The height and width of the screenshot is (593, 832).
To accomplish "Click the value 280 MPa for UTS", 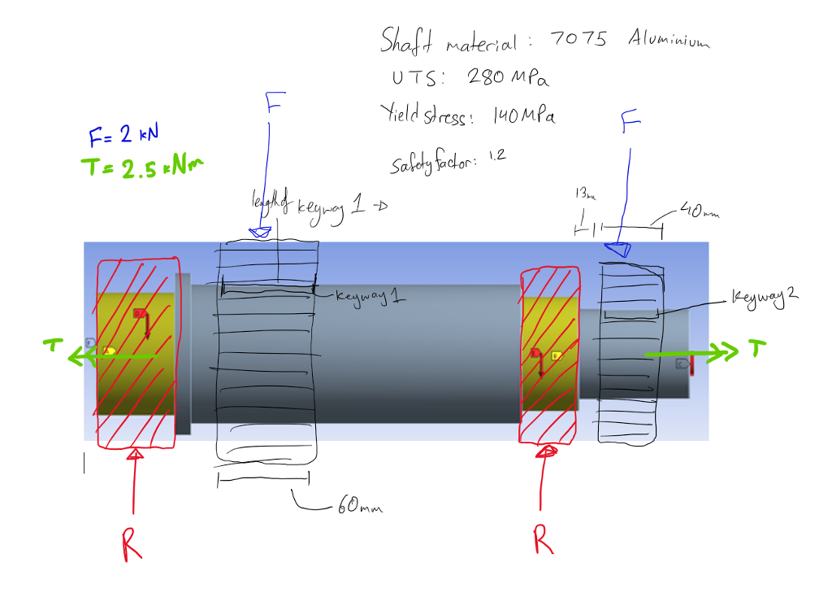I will pos(507,78).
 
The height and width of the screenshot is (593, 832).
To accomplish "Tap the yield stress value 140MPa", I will pos(524,117).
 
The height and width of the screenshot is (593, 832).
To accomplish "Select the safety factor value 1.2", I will pos(496,156).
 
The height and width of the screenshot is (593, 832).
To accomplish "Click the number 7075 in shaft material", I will pos(578,38).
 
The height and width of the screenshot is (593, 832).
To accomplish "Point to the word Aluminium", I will pos(669,40).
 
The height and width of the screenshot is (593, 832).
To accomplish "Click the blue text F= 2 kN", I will pos(121,134).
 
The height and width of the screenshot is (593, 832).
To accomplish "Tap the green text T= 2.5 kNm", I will pos(141,167).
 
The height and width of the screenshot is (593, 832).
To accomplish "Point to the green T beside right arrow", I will pos(757,350).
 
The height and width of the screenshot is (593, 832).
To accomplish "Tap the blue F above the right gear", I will pos(630,123).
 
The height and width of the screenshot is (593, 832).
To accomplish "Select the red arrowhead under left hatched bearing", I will pos(136,454).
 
